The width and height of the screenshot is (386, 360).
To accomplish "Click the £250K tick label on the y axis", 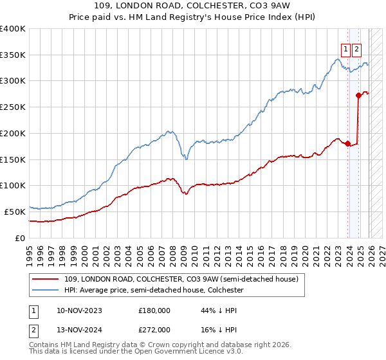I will [13, 107].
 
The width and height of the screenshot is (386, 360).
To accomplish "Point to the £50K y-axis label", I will [15, 211].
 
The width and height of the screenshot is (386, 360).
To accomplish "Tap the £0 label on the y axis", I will [21, 237].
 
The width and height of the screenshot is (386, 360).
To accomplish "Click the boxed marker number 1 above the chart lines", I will [345, 49].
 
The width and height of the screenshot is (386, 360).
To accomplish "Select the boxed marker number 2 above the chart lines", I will [357, 49].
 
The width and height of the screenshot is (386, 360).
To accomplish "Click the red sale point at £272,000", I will [358, 95].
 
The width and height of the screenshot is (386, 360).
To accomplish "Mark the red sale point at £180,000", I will [347, 143].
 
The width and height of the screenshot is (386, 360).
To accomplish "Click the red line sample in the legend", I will [46, 280].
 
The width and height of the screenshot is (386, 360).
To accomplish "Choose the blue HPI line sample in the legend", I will [46, 291].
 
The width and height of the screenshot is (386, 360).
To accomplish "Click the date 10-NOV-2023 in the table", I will [79, 310].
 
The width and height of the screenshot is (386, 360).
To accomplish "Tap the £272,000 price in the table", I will [154, 329].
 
